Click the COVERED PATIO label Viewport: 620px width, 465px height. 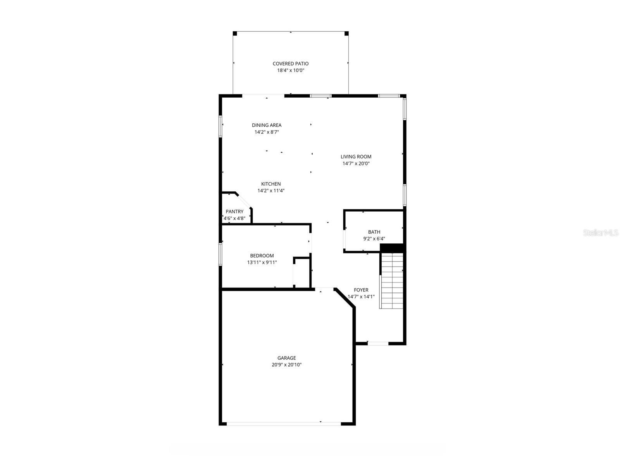coord(291,64)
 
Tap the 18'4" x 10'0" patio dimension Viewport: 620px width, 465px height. coord(291,71)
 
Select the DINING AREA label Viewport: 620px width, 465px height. coord(267,125)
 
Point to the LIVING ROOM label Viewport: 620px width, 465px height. coord(356,157)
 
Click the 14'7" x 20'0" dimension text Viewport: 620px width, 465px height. coord(356,164)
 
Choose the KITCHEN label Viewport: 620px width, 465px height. coord(271,184)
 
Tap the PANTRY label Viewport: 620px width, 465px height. coord(234,212)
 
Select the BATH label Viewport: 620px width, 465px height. coord(374,232)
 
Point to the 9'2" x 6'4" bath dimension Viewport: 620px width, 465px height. coord(374,239)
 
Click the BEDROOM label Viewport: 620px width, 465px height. coord(262,256)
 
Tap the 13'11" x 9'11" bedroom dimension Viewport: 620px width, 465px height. coord(262,263)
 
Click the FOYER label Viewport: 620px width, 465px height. coord(361,290)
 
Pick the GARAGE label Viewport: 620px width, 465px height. coord(286,358)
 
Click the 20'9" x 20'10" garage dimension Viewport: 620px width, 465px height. coord(286,365)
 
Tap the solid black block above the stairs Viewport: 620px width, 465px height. coord(392,248)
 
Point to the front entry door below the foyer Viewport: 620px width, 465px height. coord(378,343)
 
